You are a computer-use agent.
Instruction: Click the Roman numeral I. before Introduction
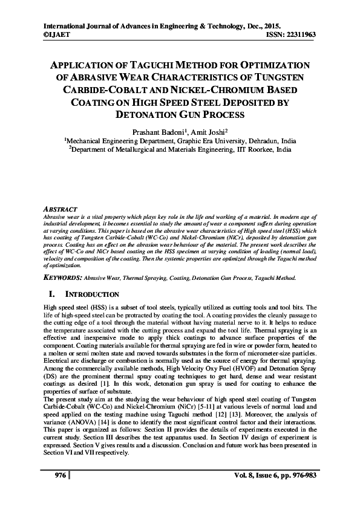pos(51,294)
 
